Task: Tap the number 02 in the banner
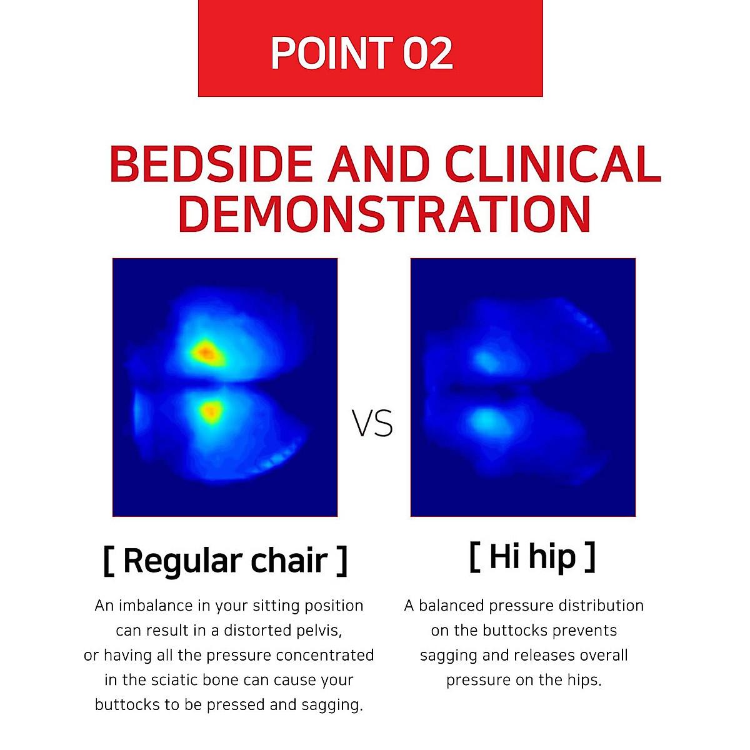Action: point(427,53)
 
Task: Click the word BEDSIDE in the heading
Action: point(211,164)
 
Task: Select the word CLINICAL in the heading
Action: point(552,164)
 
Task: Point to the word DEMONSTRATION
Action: point(384,214)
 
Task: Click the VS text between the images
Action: point(372,423)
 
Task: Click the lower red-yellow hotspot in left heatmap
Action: point(211,411)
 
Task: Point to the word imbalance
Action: point(156,606)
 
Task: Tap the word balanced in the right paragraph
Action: point(451,606)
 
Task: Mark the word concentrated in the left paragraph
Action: point(324,655)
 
